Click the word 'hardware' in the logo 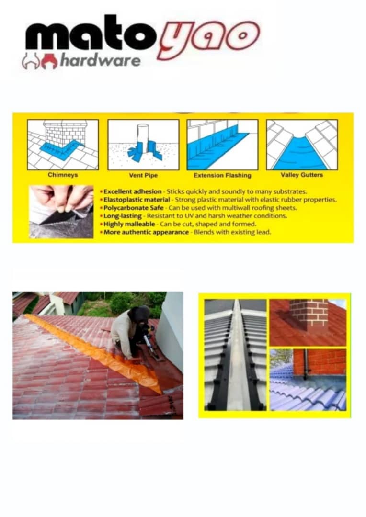[100, 60]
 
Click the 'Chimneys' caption [62, 175]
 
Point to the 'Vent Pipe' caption [143, 175]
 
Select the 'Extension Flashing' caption [222, 175]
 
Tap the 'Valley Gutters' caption [302, 175]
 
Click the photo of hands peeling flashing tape [61, 212]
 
